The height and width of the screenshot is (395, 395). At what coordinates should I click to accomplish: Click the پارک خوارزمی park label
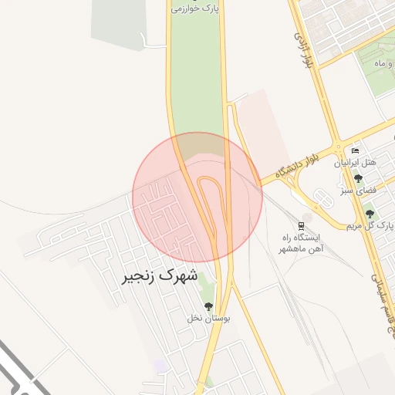click(x=196, y=8)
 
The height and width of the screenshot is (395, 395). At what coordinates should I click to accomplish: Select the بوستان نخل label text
click(x=207, y=318)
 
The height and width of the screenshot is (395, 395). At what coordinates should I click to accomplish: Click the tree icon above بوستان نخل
click(x=207, y=306)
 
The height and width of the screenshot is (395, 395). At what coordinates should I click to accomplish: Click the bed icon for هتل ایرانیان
click(x=355, y=150)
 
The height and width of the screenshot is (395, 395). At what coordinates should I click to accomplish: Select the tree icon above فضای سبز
click(x=358, y=178)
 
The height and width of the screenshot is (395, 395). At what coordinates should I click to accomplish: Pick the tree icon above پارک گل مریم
click(x=370, y=214)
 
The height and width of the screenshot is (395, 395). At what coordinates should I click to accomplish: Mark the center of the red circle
click(x=197, y=197)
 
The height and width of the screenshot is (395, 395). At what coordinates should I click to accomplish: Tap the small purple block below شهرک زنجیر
click(x=160, y=363)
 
